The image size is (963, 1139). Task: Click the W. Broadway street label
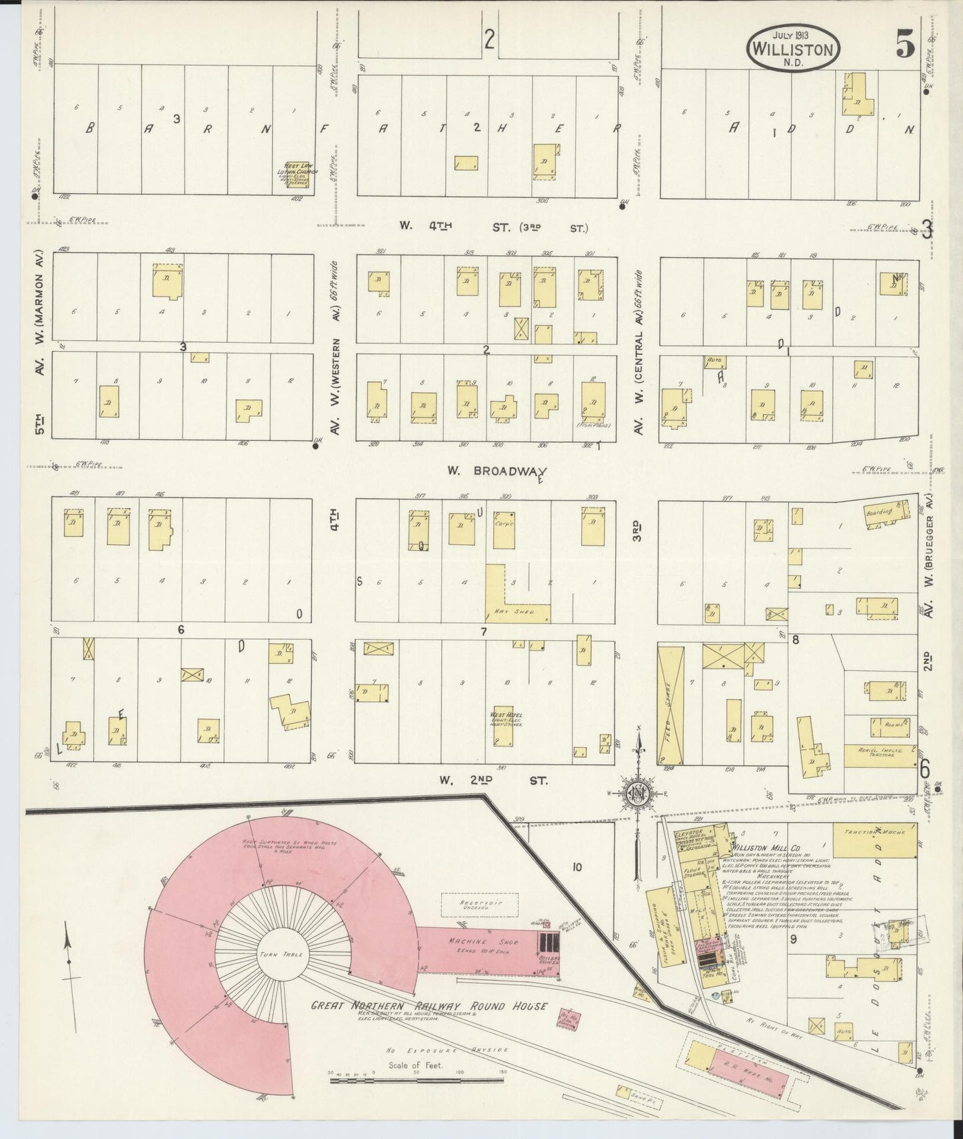[x=496, y=471]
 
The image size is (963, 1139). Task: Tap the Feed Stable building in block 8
[x=670, y=705]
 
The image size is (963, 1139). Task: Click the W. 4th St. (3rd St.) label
[x=493, y=226]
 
